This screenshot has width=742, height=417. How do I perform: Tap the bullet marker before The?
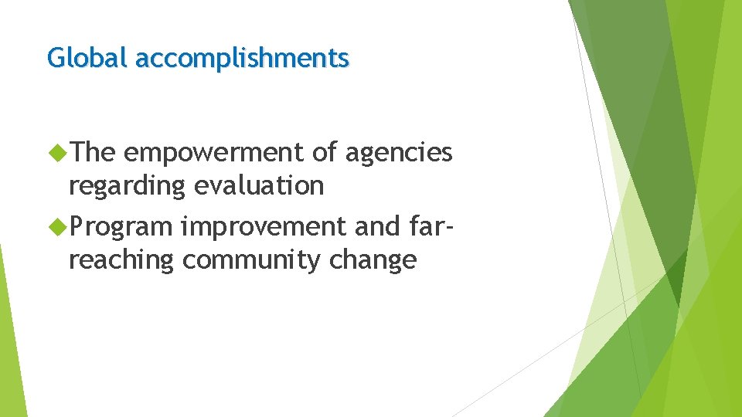click(x=57, y=154)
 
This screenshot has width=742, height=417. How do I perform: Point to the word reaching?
click(x=121, y=260)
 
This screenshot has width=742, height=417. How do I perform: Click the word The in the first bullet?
click(x=91, y=154)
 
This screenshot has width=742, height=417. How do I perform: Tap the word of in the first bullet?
click(x=325, y=154)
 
